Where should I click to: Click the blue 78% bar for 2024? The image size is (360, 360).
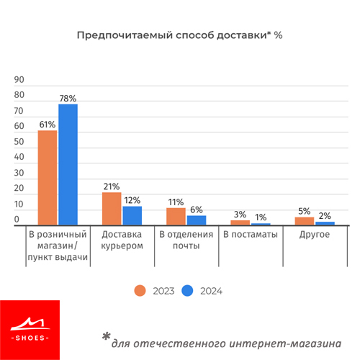click(68, 165)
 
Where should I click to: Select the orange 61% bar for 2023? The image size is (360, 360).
click(48, 178)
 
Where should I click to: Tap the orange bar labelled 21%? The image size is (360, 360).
click(112, 209)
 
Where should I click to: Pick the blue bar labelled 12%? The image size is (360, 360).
click(132, 216)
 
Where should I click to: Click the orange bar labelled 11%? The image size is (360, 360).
click(176, 217)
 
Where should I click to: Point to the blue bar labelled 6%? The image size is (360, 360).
click(197, 220)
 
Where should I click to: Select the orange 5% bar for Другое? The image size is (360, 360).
click(305, 221)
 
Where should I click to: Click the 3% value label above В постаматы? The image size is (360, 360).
click(240, 215)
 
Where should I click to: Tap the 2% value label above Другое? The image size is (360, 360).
click(325, 216)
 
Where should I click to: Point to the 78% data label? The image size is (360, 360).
click(68, 99)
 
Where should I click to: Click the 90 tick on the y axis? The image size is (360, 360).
click(19, 80)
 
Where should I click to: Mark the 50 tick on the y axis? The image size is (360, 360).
click(19, 142)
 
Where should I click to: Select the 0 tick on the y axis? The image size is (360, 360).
click(17, 219)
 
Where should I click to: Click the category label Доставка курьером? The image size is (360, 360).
click(122, 240)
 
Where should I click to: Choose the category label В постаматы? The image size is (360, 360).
click(251, 234)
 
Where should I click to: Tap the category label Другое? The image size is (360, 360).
click(315, 235)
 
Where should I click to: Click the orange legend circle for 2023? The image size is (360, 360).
click(140, 291)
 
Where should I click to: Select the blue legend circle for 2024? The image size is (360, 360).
click(187, 291)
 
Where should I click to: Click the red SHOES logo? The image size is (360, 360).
click(30, 330)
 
